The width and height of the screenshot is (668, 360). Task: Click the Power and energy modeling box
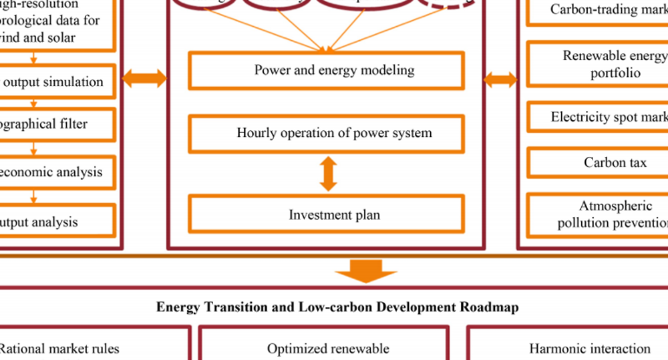[326, 71]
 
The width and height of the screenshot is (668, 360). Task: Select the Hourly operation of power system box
[326, 134]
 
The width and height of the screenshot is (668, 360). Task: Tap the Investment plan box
[326, 214]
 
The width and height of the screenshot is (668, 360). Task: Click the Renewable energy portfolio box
[598, 64]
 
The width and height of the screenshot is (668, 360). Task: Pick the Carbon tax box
[598, 163]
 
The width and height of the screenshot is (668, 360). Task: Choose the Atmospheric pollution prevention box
[598, 214]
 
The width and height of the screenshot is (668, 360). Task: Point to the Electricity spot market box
[598, 118]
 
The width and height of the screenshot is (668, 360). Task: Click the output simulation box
[57, 82]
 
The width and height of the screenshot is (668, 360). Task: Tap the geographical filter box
[57, 124]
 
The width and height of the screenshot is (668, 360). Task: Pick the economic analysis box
[57, 172]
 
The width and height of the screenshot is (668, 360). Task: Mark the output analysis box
[57, 222]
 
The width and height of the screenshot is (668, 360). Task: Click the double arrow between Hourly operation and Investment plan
[328, 174]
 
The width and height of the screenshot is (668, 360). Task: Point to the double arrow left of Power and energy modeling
[144, 79]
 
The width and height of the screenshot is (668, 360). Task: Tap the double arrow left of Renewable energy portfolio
[500, 80]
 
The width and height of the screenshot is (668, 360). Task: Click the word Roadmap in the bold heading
[490, 307]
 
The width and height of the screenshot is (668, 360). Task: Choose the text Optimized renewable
[327, 349]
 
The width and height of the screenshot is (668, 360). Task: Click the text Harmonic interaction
[589, 349]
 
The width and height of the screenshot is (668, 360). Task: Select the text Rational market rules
[59, 349]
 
